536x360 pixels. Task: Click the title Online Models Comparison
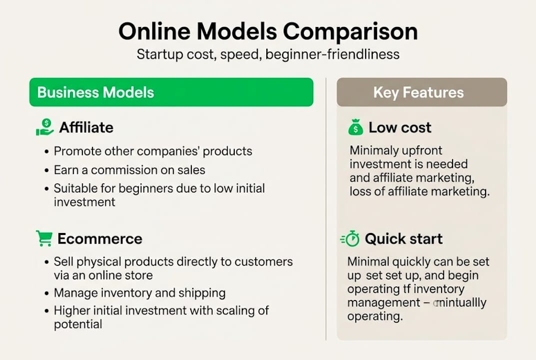tap(268, 31)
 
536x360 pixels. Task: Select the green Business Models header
tap(171, 92)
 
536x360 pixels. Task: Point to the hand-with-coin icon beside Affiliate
tap(44, 127)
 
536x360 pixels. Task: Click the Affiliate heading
tap(86, 127)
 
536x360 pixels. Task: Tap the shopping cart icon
tap(44, 238)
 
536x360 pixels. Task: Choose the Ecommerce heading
tap(100, 238)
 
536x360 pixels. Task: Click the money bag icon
tap(355, 127)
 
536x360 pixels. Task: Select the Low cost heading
tap(400, 127)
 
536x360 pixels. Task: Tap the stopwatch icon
tap(350, 238)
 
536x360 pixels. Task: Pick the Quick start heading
tap(404, 238)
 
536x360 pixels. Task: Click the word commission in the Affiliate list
tap(121, 170)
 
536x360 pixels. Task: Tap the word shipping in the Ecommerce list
tap(205, 292)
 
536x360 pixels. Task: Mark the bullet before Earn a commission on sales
tap(46, 170)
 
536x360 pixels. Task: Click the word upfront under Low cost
tap(420, 150)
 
